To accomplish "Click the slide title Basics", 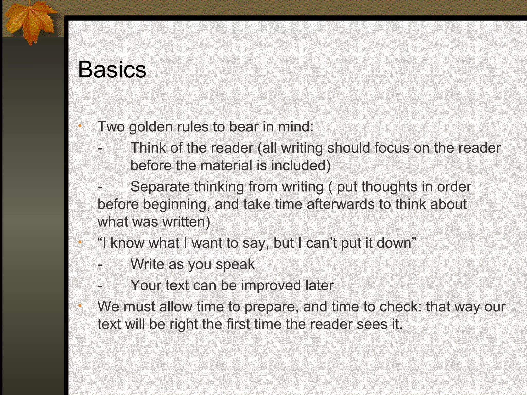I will [112, 70].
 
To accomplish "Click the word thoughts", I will [389, 187].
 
